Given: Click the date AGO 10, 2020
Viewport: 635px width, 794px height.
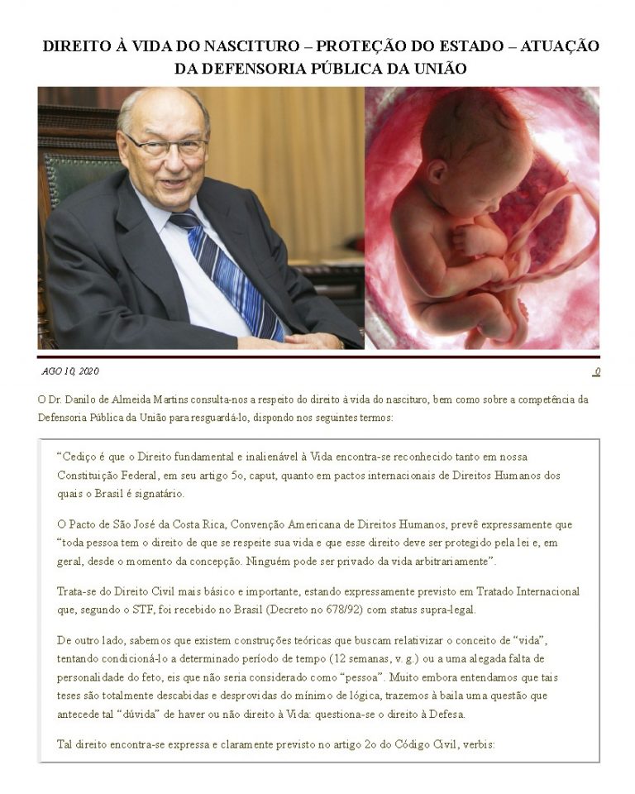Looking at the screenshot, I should point(70,371).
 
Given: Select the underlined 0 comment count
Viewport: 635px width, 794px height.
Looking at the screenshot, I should point(596,371).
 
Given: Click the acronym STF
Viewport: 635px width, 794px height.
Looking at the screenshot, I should point(136,610).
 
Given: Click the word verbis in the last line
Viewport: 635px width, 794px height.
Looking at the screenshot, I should point(473,744).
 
